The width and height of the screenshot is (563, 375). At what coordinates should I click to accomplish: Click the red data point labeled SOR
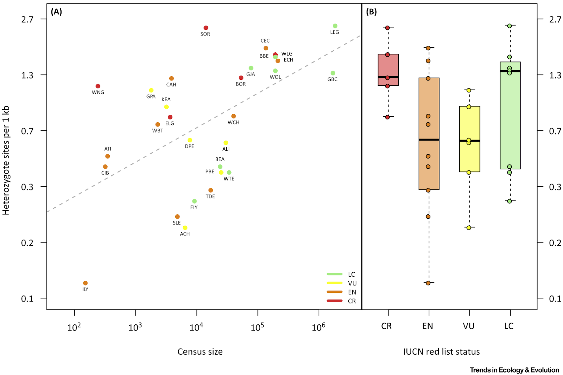pyautogui.click(x=206, y=28)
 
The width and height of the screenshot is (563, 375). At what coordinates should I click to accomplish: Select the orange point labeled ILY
pyautogui.click(x=85, y=283)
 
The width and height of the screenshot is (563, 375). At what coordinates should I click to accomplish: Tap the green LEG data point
pyautogui.click(x=335, y=26)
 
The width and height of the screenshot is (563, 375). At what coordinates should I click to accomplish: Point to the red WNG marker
pyautogui.click(x=98, y=86)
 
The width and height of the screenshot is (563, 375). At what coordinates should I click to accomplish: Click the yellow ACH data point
pyautogui.click(x=185, y=228)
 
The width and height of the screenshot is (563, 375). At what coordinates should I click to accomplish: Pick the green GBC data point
pyautogui.click(x=333, y=73)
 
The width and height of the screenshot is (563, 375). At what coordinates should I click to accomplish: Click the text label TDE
pyautogui.click(x=210, y=196)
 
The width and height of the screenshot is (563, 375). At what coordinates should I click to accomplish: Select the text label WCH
pyautogui.click(x=233, y=122)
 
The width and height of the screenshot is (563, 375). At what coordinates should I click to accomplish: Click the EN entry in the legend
pyautogui.click(x=352, y=292)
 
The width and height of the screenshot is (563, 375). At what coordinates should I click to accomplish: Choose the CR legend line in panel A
pyautogui.click(x=335, y=301)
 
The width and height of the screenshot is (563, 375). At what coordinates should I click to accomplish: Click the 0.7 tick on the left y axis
pyautogui.click(x=27, y=131)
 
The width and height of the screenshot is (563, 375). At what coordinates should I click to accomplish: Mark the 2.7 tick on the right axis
pyautogui.click(x=555, y=19)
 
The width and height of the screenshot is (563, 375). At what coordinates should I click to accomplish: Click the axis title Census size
pyautogui.click(x=200, y=352)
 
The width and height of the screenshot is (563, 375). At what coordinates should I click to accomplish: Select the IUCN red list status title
pyautogui.click(x=441, y=352)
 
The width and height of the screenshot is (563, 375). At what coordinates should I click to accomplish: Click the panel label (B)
pyautogui.click(x=371, y=12)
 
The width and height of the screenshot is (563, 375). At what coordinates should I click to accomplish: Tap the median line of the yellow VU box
pyautogui.click(x=469, y=141)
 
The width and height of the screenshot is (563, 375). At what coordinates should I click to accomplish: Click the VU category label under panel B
pyautogui.click(x=469, y=326)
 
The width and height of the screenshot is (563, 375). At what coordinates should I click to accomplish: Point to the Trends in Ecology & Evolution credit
pyautogui.click(x=514, y=370)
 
